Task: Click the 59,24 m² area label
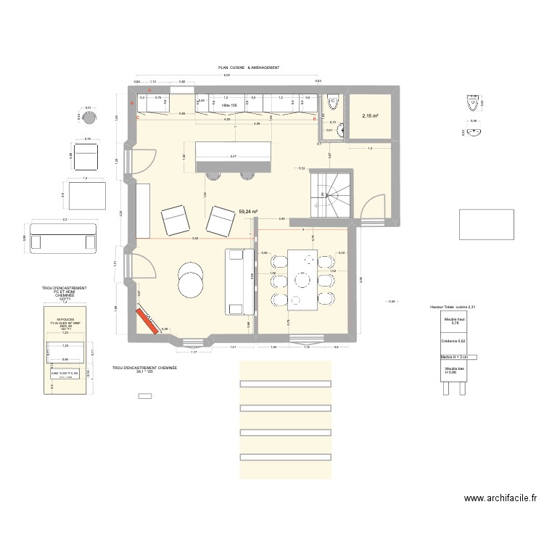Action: pyautogui.click(x=249, y=212)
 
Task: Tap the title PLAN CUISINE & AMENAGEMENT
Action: pyautogui.click(x=249, y=67)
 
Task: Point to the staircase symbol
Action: pyautogui.click(x=330, y=194)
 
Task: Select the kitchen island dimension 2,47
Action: pyautogui.click(x=233, y=157)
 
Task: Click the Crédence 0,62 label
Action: pyautogui.click(x=456, y=341)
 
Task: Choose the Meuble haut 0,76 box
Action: pyautogui.click(x=456, y=322)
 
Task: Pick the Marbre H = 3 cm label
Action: pyautogui.click(x=456, y=357)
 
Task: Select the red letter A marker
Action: pyautogui.click(x=149, y=91)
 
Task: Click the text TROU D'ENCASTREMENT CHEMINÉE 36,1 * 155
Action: pyautogui.click(x=144, y=370)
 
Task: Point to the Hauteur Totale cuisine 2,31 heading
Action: pyautogui.click(x=456, y=307)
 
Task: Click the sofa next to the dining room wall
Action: pyautogui.click(x=237, y=282)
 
